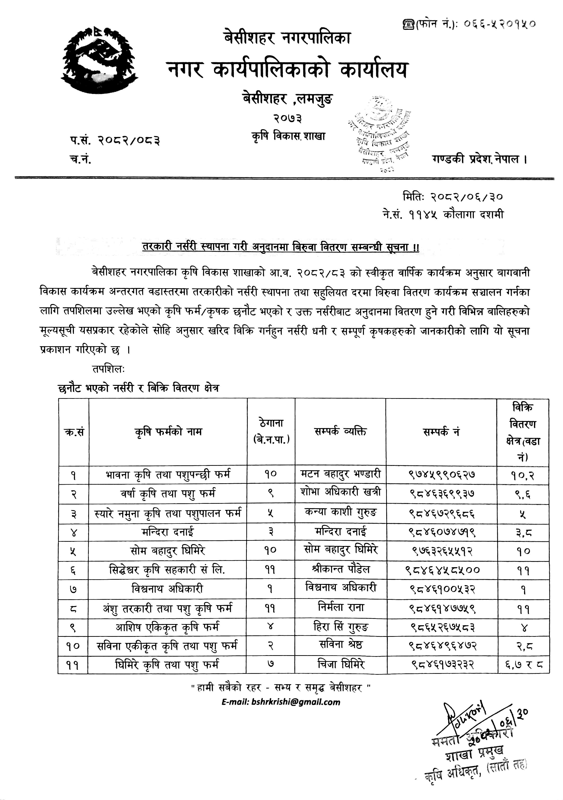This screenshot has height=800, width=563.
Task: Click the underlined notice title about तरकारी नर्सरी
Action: (281, 247)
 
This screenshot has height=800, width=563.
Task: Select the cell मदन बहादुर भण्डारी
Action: (341, 474)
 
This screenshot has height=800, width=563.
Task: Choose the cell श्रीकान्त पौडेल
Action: (341, 569)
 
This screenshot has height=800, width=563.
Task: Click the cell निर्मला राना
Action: (341, 608)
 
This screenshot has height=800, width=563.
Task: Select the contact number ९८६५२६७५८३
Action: (442, 627)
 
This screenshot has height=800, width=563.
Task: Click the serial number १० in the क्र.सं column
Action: (73, 646)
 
